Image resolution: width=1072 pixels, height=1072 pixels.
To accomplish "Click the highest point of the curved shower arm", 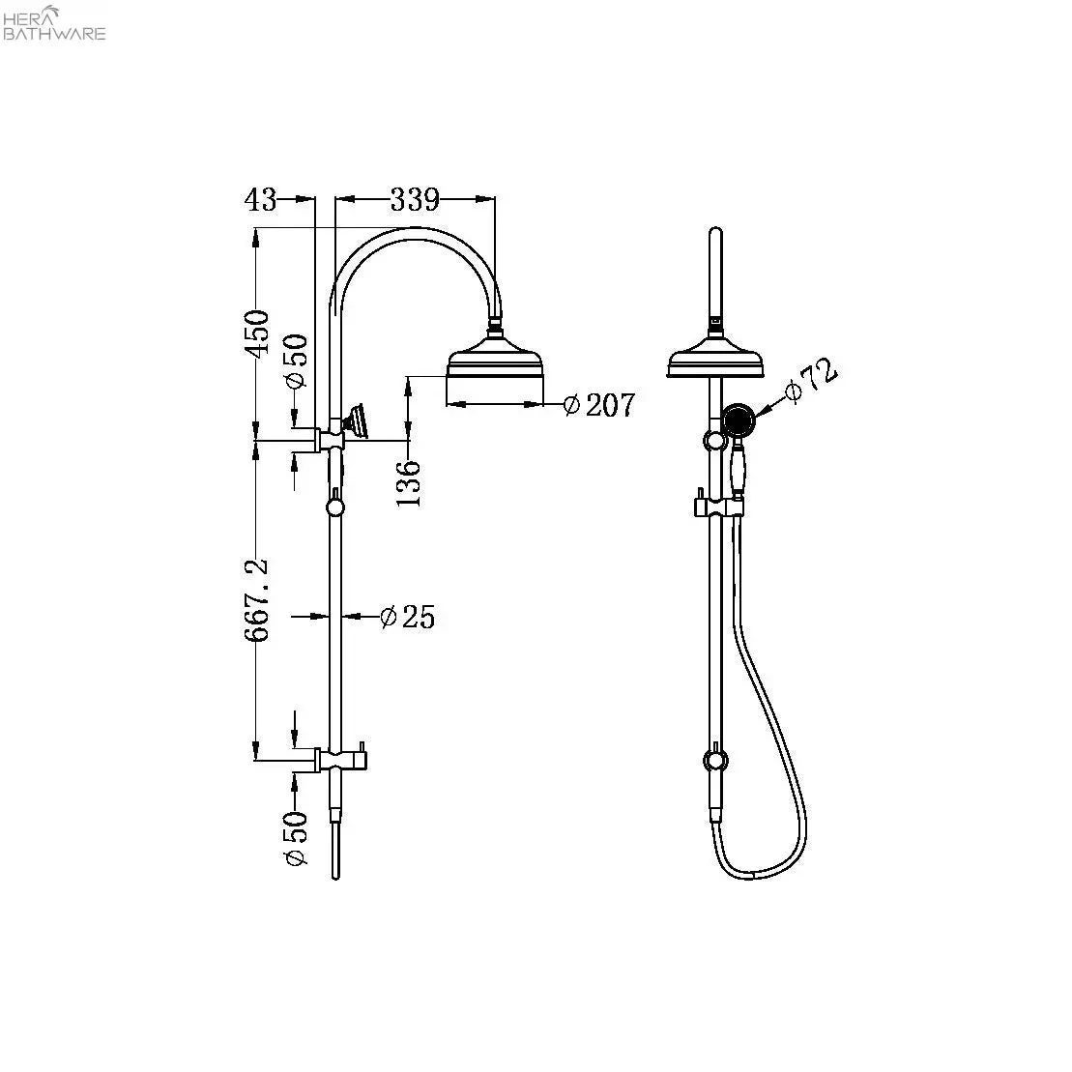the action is coord(416,228).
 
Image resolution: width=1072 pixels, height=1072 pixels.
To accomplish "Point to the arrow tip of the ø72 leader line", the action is coord(756,415).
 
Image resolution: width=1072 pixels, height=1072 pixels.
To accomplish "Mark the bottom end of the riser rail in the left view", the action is coord(335,878).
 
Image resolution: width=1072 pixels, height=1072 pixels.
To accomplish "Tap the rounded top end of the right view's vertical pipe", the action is coord(715,229).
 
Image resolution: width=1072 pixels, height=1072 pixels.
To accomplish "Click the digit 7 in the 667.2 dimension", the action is coord(259,600).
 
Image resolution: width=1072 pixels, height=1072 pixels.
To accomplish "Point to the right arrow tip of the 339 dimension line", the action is coord(493,199).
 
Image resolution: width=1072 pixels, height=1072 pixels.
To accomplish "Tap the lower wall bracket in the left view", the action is coord(339,759).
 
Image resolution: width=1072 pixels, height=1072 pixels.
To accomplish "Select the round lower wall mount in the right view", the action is coord(715,760).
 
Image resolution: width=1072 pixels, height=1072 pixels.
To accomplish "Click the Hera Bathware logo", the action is coord(54,22).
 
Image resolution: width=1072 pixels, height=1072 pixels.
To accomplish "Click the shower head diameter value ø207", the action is coord(599,404).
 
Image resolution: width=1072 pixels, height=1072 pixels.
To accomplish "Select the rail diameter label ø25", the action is coord(408,617).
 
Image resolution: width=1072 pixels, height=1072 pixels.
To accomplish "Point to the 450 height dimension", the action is coord(258,333).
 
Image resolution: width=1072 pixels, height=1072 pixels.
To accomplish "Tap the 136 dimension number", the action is coord(409,483).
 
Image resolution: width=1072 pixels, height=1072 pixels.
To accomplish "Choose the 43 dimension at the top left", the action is coord(260,200).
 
